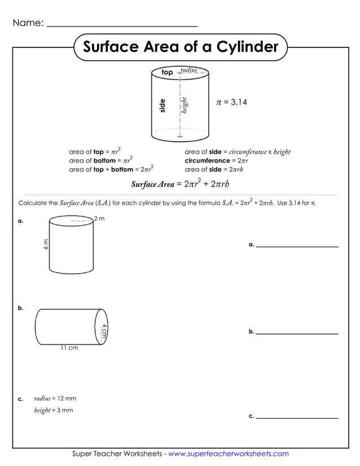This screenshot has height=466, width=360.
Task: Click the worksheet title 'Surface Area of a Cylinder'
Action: point(181,47)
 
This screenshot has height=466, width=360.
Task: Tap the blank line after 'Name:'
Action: point(122,25)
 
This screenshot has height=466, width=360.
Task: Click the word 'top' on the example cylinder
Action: point(167,73)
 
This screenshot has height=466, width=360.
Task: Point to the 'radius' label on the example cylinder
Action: point(188,70)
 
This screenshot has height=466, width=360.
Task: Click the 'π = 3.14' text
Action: point(232,102)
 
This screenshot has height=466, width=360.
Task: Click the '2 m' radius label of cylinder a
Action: point(99,219)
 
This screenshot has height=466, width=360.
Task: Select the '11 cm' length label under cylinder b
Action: point(69,348)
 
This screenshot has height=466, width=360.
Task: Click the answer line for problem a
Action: point(297,246)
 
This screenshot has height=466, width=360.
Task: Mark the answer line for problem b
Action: point(297,333)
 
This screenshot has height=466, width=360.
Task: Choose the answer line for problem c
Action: point(297,417)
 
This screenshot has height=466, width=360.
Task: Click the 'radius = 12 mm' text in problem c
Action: point(55,398)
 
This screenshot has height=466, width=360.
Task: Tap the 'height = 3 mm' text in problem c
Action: point(54,410)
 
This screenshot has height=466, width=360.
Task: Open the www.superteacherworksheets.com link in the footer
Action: point(229,454)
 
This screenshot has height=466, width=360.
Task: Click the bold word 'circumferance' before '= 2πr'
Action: point(207,161)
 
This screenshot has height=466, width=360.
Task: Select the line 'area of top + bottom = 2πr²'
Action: point(111,169)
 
